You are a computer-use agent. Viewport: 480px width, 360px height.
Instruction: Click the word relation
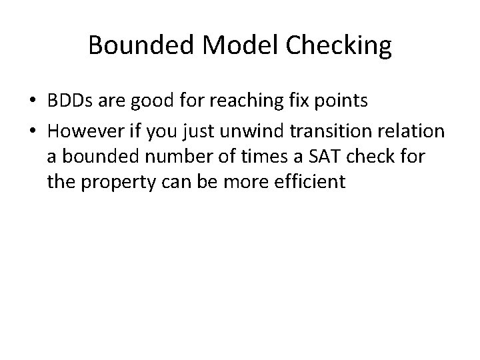pyautogui.click(x=413, y=132)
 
